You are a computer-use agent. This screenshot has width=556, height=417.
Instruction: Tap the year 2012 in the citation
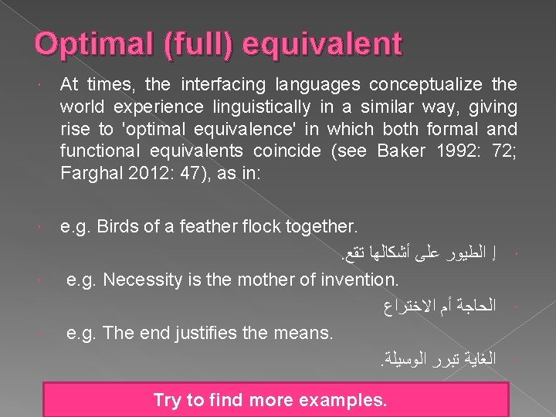[x=149, y=172]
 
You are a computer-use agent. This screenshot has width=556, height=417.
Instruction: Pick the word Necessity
[x=140, y=279]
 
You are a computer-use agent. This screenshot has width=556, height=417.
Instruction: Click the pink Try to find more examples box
[x=270, y=399]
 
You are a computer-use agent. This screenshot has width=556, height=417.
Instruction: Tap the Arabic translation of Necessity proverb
[x=442, y=307]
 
